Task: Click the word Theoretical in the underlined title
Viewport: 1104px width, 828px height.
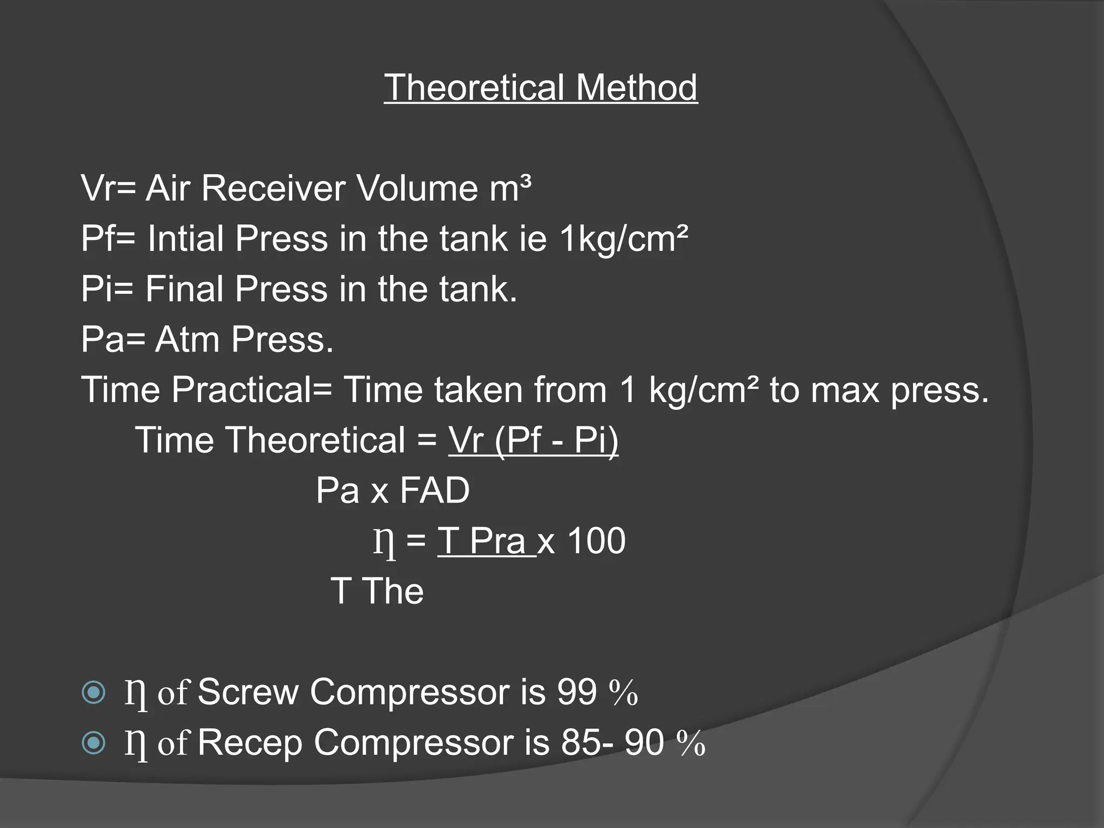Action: [474, 87]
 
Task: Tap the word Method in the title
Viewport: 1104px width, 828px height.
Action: [637, 87]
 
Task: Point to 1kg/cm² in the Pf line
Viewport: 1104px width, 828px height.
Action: [624, 239]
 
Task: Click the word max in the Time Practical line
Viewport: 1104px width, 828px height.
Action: [846, 390]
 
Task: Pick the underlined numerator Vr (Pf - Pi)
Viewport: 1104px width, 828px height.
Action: [533, 440]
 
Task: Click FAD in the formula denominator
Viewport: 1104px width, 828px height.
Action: [435, 491]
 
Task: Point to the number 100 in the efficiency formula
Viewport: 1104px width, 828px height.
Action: [597, 541]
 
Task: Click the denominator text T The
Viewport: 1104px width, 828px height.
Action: [377, 591]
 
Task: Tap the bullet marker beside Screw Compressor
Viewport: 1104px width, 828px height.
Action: [94, 692]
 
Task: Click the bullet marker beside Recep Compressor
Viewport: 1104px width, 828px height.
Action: [94, 743]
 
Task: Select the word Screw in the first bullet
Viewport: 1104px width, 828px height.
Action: [248, 692]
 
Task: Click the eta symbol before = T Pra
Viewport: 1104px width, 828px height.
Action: [384, 543]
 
